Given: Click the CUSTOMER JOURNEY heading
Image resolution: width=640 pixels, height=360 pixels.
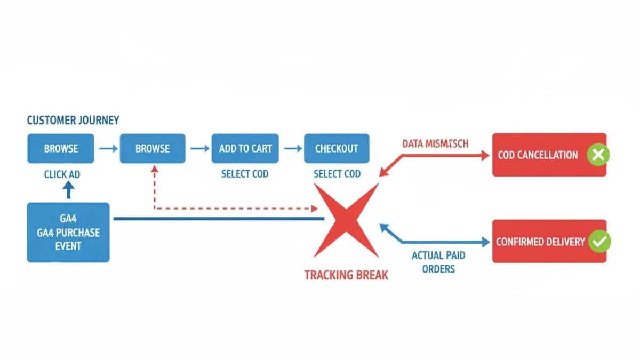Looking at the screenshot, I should [x=73, y=120].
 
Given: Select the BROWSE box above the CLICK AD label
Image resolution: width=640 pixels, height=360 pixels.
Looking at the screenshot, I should [x=61, y=148].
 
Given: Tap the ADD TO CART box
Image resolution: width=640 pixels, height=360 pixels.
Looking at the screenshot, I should [x=245, y=148].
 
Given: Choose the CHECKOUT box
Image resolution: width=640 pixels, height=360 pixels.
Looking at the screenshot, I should [x=337, y=148].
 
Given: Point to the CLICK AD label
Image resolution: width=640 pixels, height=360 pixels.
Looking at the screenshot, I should [x=62, y=174].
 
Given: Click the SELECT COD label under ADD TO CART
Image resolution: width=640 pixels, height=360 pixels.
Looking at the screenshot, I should [x=245, y=174].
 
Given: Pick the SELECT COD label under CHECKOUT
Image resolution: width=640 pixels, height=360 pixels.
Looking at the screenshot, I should [x=337, y=174].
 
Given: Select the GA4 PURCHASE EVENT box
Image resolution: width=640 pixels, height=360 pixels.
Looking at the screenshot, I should [x=68, y=233].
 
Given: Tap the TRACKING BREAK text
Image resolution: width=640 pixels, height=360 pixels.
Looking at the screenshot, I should [x=346, y=275].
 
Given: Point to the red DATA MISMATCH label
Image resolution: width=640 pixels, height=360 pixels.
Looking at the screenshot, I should [x=435, y=144].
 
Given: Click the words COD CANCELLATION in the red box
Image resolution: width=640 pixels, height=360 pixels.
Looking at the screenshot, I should [x=538, y=155].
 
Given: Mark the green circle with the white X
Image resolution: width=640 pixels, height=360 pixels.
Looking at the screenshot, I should [x=598, y=155].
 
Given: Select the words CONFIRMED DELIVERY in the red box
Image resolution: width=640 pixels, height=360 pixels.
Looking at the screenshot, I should [x=540, y=242].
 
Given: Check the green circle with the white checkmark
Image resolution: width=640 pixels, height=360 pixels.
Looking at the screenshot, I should [x=599, y=242].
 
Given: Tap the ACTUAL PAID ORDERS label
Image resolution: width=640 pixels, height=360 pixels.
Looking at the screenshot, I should [x=438, y=262].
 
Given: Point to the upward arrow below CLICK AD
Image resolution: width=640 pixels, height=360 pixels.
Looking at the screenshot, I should [x=68, y=189].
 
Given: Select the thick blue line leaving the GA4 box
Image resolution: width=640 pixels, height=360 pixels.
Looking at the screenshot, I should [x=219, y=219].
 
